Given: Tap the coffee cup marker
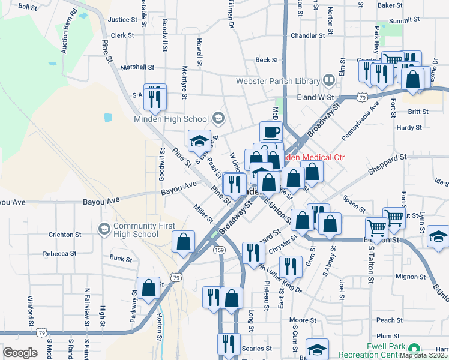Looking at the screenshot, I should click(271, 131).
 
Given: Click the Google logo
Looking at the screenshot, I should click(20, 353).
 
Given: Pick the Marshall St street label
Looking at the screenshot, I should click(137, 68).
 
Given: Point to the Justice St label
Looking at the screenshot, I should click(119, 20).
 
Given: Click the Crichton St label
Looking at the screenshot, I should click(61, 234).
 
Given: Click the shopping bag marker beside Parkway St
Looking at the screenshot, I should click(148, 288).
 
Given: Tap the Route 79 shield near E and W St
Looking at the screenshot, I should click(361, 97).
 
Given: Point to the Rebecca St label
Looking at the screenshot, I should click(59, 254).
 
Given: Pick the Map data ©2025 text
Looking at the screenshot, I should click(423, 355).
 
